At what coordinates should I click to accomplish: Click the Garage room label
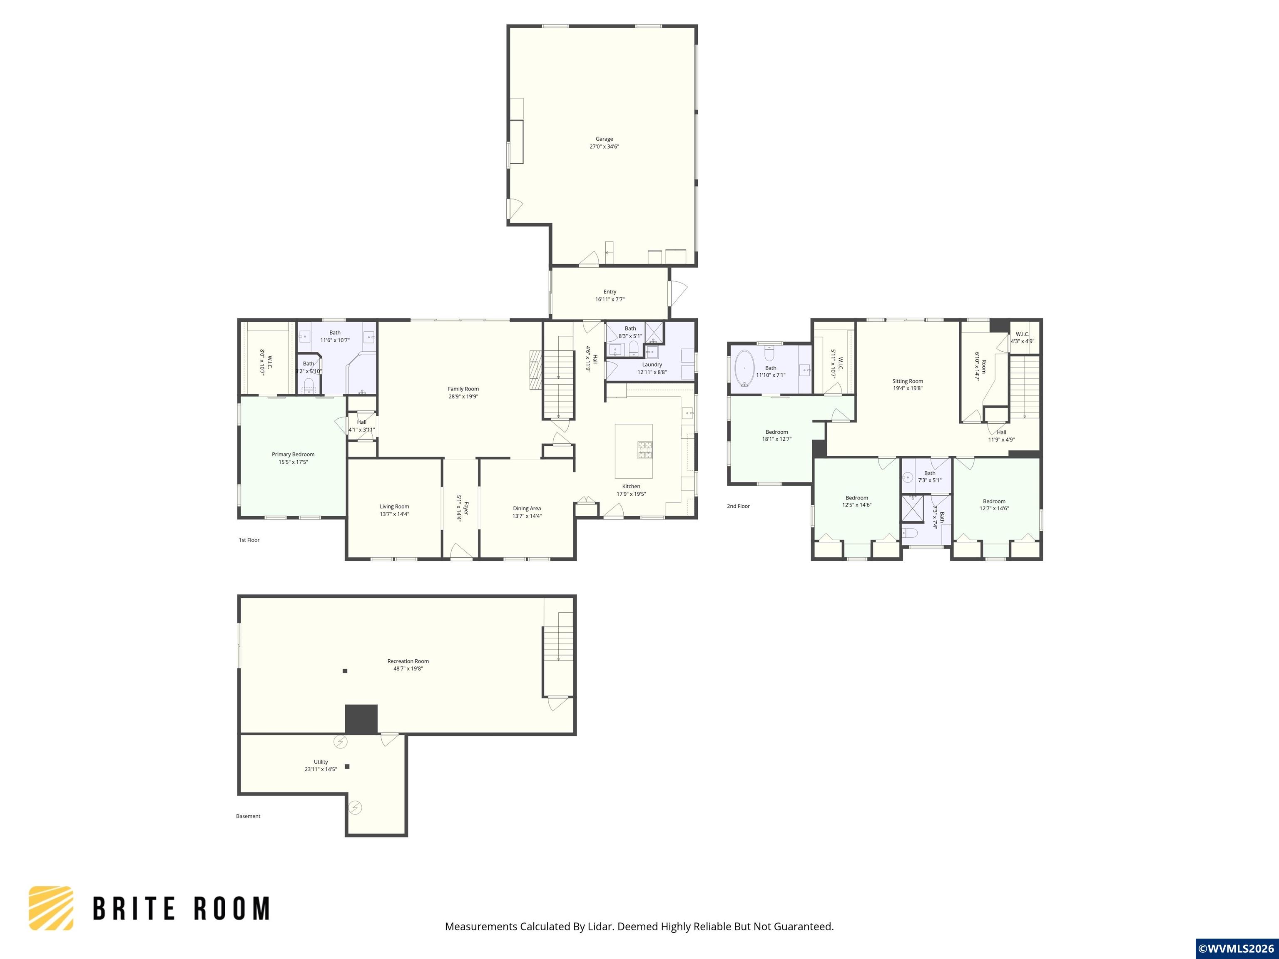(x=604, y=143)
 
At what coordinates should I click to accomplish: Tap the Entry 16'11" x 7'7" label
(x=610, y=296)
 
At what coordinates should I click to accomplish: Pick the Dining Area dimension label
(x=527, y=516)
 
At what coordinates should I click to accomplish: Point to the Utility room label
(x=321, y=765)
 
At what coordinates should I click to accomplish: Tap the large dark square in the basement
(x=361, y=719)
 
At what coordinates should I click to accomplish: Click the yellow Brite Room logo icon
(x=52, y=908)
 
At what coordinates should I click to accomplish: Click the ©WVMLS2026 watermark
(x=1236, y=949)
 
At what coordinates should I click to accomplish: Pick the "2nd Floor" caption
(x=738, y=507)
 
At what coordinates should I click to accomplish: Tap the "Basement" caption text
(x=248, y=816)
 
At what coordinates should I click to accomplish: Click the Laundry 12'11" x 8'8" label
(x=652, y=368)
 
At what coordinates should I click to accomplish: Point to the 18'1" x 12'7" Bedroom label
(x=776, y=435)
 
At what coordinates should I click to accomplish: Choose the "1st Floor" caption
(x=249, y=540)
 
